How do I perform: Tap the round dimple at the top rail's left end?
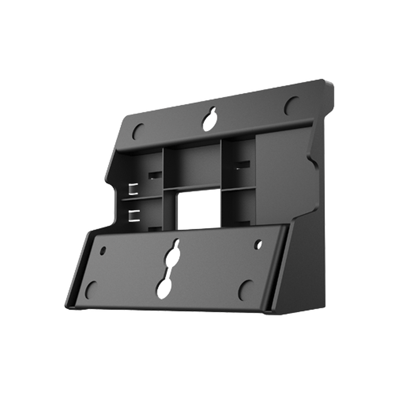point(138,131)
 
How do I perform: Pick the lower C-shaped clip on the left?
point(134,215)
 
